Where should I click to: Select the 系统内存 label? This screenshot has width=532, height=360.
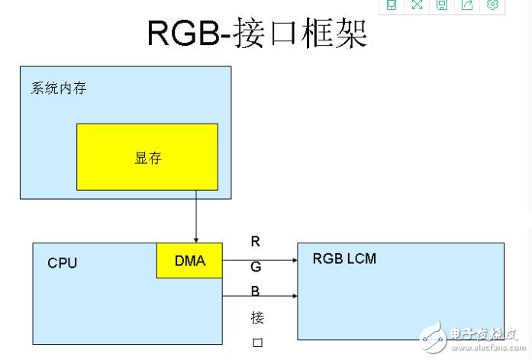[59, 88]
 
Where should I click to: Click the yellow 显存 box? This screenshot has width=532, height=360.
[147, 157]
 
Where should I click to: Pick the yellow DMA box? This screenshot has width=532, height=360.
[190, 261]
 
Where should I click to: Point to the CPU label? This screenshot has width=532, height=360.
[63, 263]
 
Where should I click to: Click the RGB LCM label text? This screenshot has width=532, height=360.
[344, 259]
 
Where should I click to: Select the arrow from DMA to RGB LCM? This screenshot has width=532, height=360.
[260, 260]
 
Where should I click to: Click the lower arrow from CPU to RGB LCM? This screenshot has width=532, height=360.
[260, 295]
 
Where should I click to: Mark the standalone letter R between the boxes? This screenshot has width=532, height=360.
[256, 243]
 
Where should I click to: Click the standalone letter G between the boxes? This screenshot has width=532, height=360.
[256, 267]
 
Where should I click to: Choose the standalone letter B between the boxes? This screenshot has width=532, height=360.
[256, 291]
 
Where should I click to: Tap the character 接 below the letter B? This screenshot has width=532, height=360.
[256, 317]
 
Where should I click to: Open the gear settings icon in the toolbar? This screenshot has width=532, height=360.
[492, 5]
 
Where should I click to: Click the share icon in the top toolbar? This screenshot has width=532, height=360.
[467, 5]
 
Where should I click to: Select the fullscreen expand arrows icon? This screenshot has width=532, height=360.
[417, 5]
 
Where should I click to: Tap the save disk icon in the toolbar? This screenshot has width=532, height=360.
[442, 5]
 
